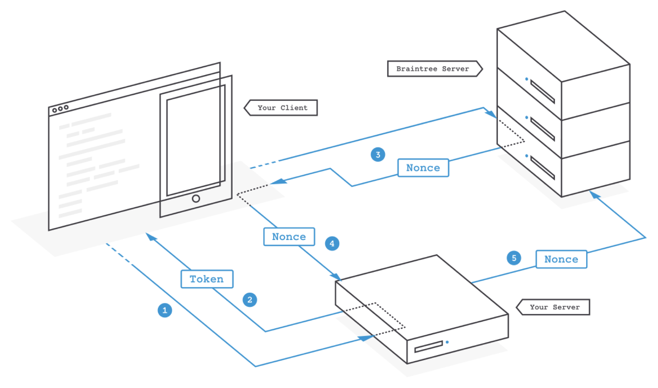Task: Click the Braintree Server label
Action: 433,69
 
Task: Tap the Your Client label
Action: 282,108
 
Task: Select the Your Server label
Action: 554,307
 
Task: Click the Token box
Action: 207,279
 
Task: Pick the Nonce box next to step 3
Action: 423,168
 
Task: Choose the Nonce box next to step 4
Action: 289,237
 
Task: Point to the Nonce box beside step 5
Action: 561,259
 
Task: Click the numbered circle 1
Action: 165,310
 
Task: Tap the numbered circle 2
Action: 250,300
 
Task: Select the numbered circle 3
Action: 378,155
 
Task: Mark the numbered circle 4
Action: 332,244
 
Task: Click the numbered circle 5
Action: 514,258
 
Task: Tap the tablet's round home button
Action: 196,198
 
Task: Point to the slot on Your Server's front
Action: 428,347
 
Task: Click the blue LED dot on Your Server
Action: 447,342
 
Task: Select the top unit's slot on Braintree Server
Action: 542,92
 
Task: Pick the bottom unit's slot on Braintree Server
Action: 542,168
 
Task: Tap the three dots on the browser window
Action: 60,109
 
